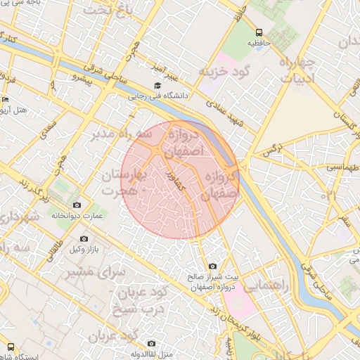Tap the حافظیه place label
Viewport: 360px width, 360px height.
(x=258, y=43)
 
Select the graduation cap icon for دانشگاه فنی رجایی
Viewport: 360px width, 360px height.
(x=157, y=86)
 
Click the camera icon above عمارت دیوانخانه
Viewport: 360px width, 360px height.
(x=77, y=205)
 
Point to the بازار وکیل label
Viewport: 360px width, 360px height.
(x=84, y=250)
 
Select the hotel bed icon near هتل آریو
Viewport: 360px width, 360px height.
(x=4, y=99)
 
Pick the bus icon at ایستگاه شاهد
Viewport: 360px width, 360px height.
(x=12, y=346)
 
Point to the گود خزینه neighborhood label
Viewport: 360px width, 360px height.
(x=224, y=72)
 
